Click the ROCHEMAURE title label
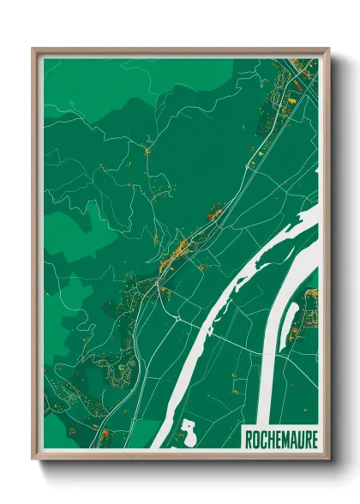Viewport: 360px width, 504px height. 280,440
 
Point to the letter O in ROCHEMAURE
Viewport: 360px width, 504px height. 255,440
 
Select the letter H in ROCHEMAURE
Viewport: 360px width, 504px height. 270,440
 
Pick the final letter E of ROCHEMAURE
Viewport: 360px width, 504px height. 313,440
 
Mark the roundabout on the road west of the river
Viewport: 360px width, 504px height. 175,317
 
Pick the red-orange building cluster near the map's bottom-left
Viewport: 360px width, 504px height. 105,435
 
